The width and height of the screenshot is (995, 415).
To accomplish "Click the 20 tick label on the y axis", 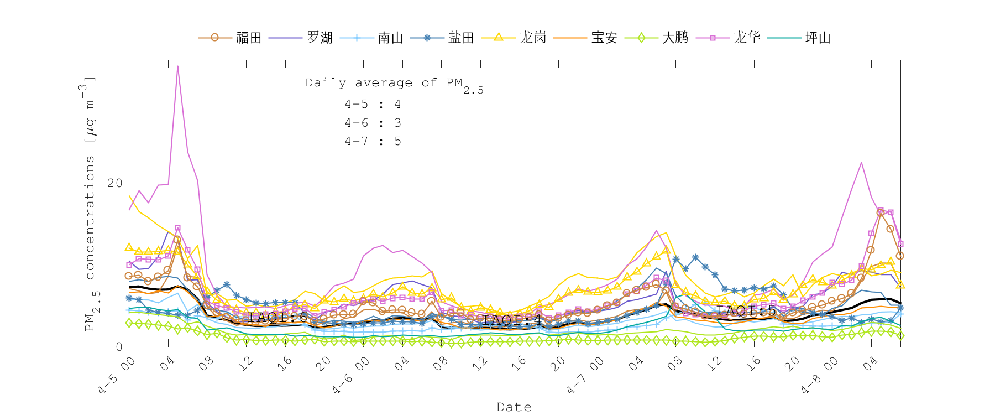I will pyautogui.click(x=115, y=183).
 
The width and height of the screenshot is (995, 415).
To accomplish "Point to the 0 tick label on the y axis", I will pyautogui.click(x=119, y=347).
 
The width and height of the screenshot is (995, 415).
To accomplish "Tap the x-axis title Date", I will pyautogui.click(x=514, y=407).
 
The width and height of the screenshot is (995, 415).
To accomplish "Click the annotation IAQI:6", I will pyautogui.click(x=277, y=318).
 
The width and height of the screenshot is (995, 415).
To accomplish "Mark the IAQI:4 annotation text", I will pyautogui.click(x=512, y=320).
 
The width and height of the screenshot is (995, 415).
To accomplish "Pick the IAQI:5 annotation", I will pyautogui.click(x=746, y=310).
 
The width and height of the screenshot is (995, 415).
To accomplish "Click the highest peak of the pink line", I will pyautogui.click(x=177, y=66).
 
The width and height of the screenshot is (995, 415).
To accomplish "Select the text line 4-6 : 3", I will pyautogui.click(x=373, y=123).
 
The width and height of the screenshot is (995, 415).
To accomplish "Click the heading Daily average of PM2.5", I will pyautogui.click(x=394, y=84).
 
